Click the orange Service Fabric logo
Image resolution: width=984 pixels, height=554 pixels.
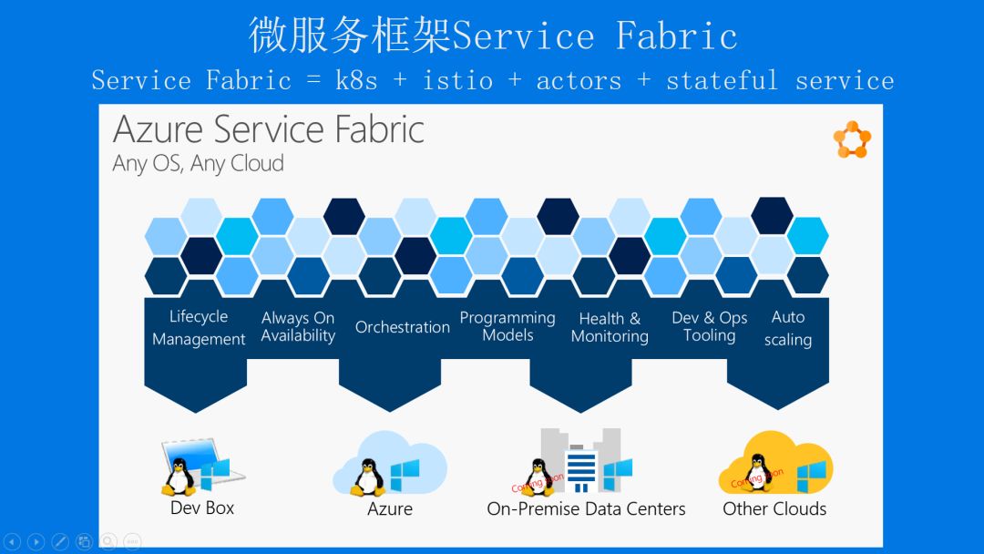pos(852,139)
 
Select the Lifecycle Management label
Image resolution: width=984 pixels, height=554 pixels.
pos(199,328)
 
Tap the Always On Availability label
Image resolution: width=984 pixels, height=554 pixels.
pos(298,327)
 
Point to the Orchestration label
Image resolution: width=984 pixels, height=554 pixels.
pos(403,327)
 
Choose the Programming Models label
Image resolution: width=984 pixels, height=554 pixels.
pos(507,326)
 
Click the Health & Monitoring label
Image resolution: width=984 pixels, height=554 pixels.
pos(610,327)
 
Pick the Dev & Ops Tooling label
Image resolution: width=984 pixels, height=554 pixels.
pos(709,326)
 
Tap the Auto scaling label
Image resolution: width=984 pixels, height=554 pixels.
pos(788,328)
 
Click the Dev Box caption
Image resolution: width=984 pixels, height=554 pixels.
pos(202,508)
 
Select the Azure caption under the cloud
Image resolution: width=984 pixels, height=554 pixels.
pos(390,508)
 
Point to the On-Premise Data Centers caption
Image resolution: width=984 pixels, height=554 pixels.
pos(586,508)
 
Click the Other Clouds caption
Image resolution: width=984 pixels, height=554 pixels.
pos(774,508)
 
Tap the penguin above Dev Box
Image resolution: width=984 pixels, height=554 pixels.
pos(179,475)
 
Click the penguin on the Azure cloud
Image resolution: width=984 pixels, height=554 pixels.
pos(367,475)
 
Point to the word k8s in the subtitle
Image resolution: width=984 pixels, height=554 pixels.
pos(356,80)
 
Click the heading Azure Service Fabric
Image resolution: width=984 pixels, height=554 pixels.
pos(269,129)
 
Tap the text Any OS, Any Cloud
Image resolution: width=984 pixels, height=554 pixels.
pos(198,164)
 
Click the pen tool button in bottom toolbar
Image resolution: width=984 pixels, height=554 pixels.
pos(60,541)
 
